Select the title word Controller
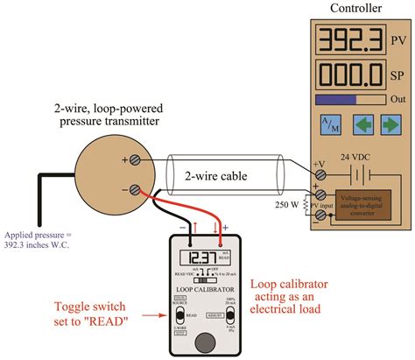click(x=355, y=9)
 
